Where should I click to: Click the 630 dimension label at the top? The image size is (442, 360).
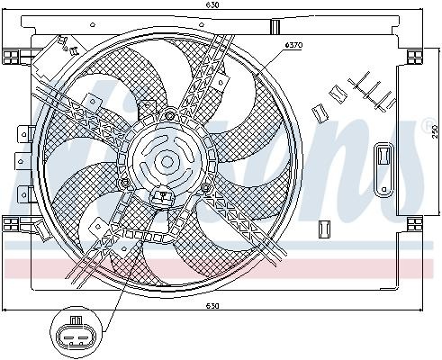[x=212, y=5]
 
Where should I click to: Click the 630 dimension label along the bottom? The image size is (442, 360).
[x=212, y=306]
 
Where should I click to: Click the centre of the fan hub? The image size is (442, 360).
[x=167, y=162]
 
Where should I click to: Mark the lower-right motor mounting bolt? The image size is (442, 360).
[x=206, y=187]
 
